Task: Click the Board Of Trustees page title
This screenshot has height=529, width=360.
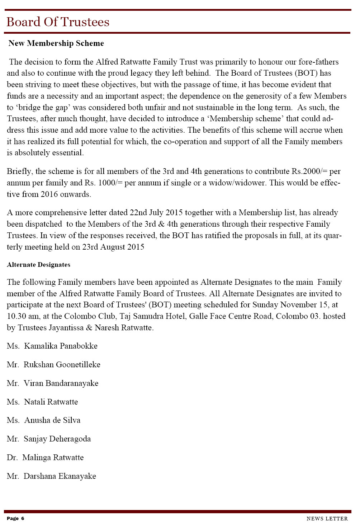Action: tap(58, 22)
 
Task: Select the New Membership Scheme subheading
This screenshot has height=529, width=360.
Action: tap(56, 43)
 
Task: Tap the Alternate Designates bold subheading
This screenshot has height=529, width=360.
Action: tap(38, 265)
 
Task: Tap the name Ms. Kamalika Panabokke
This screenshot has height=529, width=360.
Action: tap(52, 346)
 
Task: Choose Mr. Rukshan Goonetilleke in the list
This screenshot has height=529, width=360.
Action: tap(53, 365)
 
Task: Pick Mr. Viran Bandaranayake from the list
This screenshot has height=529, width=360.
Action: tap(52, 383)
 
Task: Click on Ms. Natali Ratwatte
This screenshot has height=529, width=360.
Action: tap(42, 402)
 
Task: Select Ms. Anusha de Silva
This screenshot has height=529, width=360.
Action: tap(43, 420)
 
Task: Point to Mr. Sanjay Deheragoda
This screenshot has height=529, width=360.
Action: tap(49, 439)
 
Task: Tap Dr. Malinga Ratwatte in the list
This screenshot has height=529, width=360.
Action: tap(45, 458)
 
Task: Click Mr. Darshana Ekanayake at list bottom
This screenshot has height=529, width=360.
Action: tap(51, 476)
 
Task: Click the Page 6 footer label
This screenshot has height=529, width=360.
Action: tap(15, 518)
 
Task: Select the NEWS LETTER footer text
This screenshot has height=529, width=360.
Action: tap(327, 519)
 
